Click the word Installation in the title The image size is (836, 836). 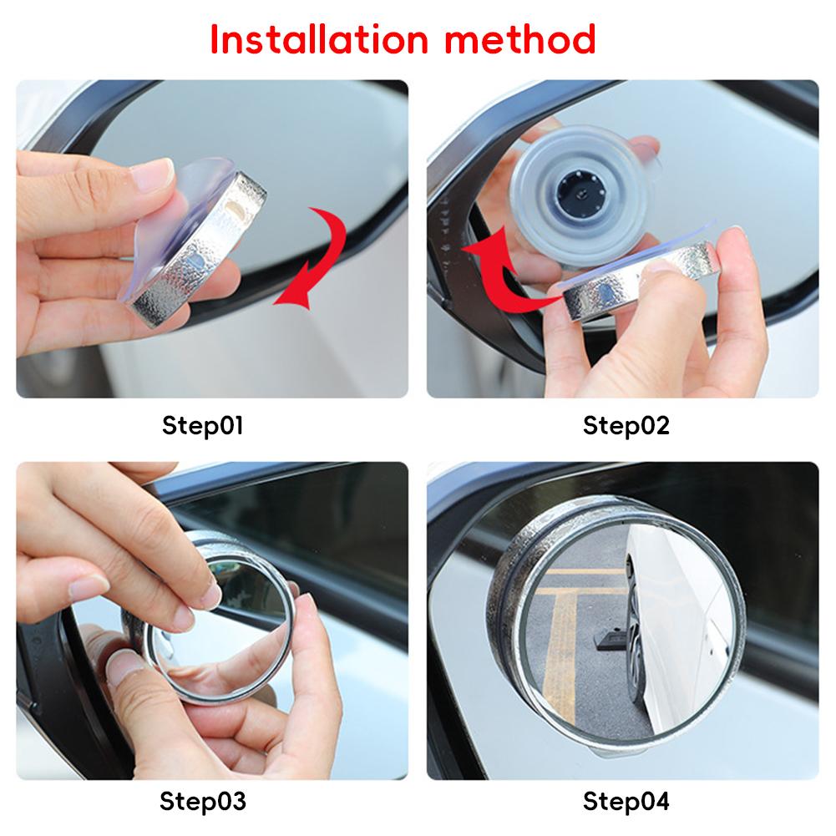tap(319, 39)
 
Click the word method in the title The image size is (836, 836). tap(519, 39)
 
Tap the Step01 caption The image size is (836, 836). tap(203, 425)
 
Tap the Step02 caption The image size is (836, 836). tap(626, 425)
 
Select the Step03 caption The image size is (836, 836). tap(203, 801)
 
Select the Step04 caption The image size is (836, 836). tap(626, 801)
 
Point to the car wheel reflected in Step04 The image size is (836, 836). tap(635, 624)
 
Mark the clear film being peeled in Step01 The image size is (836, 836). tap(176, 224)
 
